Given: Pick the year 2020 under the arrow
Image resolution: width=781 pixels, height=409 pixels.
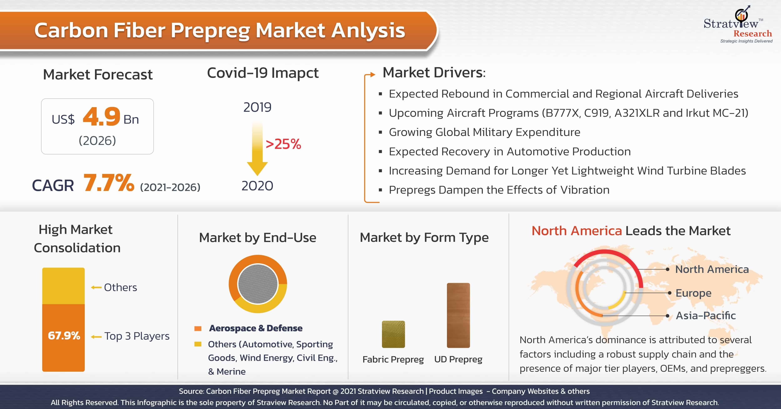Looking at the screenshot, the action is coord(257,186).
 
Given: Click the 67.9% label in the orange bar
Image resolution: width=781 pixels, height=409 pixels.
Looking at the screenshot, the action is coord(64,336).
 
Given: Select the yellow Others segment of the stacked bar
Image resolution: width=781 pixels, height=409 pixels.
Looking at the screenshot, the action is coord(63,286).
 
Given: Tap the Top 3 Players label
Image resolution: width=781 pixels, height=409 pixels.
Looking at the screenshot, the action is coord(137,336).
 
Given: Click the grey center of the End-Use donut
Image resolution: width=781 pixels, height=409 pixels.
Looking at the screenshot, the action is coord(258,284).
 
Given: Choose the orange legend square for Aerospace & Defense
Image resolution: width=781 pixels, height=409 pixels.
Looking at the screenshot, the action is coord(198,328).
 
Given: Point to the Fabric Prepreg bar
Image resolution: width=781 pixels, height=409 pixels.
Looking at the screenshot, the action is coord(393,334).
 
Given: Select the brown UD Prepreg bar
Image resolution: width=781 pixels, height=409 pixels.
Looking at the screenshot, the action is coord(458,315).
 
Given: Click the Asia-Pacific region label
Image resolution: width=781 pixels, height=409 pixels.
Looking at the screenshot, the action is coord(706,316).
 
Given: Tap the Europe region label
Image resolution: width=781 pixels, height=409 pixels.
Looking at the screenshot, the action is coord(693,293).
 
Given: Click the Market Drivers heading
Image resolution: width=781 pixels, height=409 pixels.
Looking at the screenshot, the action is coord(434,73).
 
